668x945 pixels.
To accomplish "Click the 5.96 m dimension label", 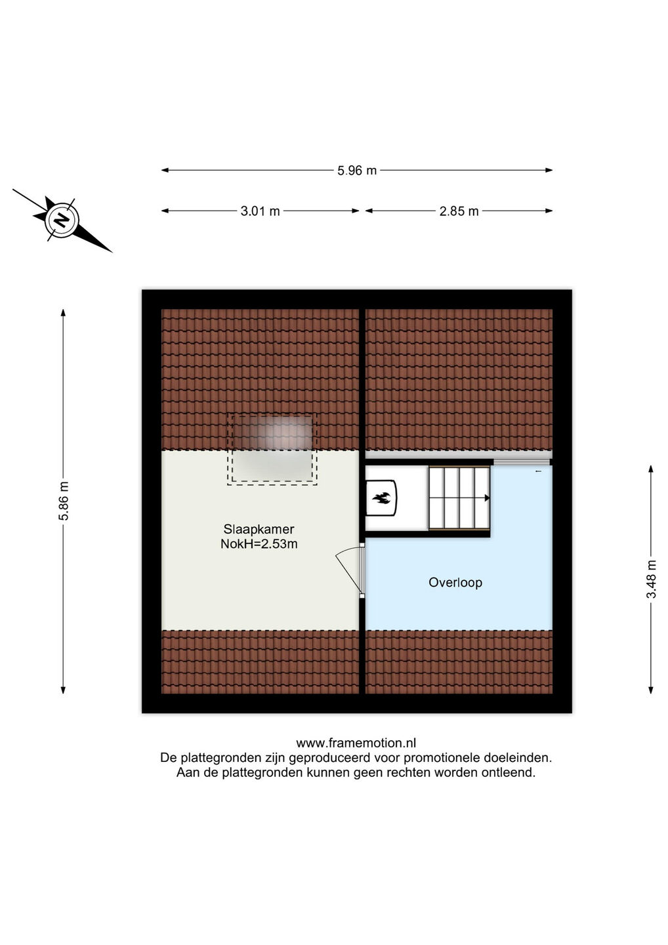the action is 357,171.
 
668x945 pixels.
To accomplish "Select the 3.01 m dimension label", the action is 261,211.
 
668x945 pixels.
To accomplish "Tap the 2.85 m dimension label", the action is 459,211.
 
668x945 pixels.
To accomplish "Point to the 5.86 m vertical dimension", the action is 63,501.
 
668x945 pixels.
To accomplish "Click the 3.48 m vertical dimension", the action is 652,579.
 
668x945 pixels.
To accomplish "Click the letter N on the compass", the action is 62,220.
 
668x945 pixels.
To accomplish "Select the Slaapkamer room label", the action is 259,529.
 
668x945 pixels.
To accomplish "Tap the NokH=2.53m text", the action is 259,544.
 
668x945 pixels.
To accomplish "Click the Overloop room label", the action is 455,583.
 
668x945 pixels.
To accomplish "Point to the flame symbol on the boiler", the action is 381,498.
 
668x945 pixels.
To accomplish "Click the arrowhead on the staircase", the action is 487,498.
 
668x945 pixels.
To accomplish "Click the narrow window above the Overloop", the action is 522,463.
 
